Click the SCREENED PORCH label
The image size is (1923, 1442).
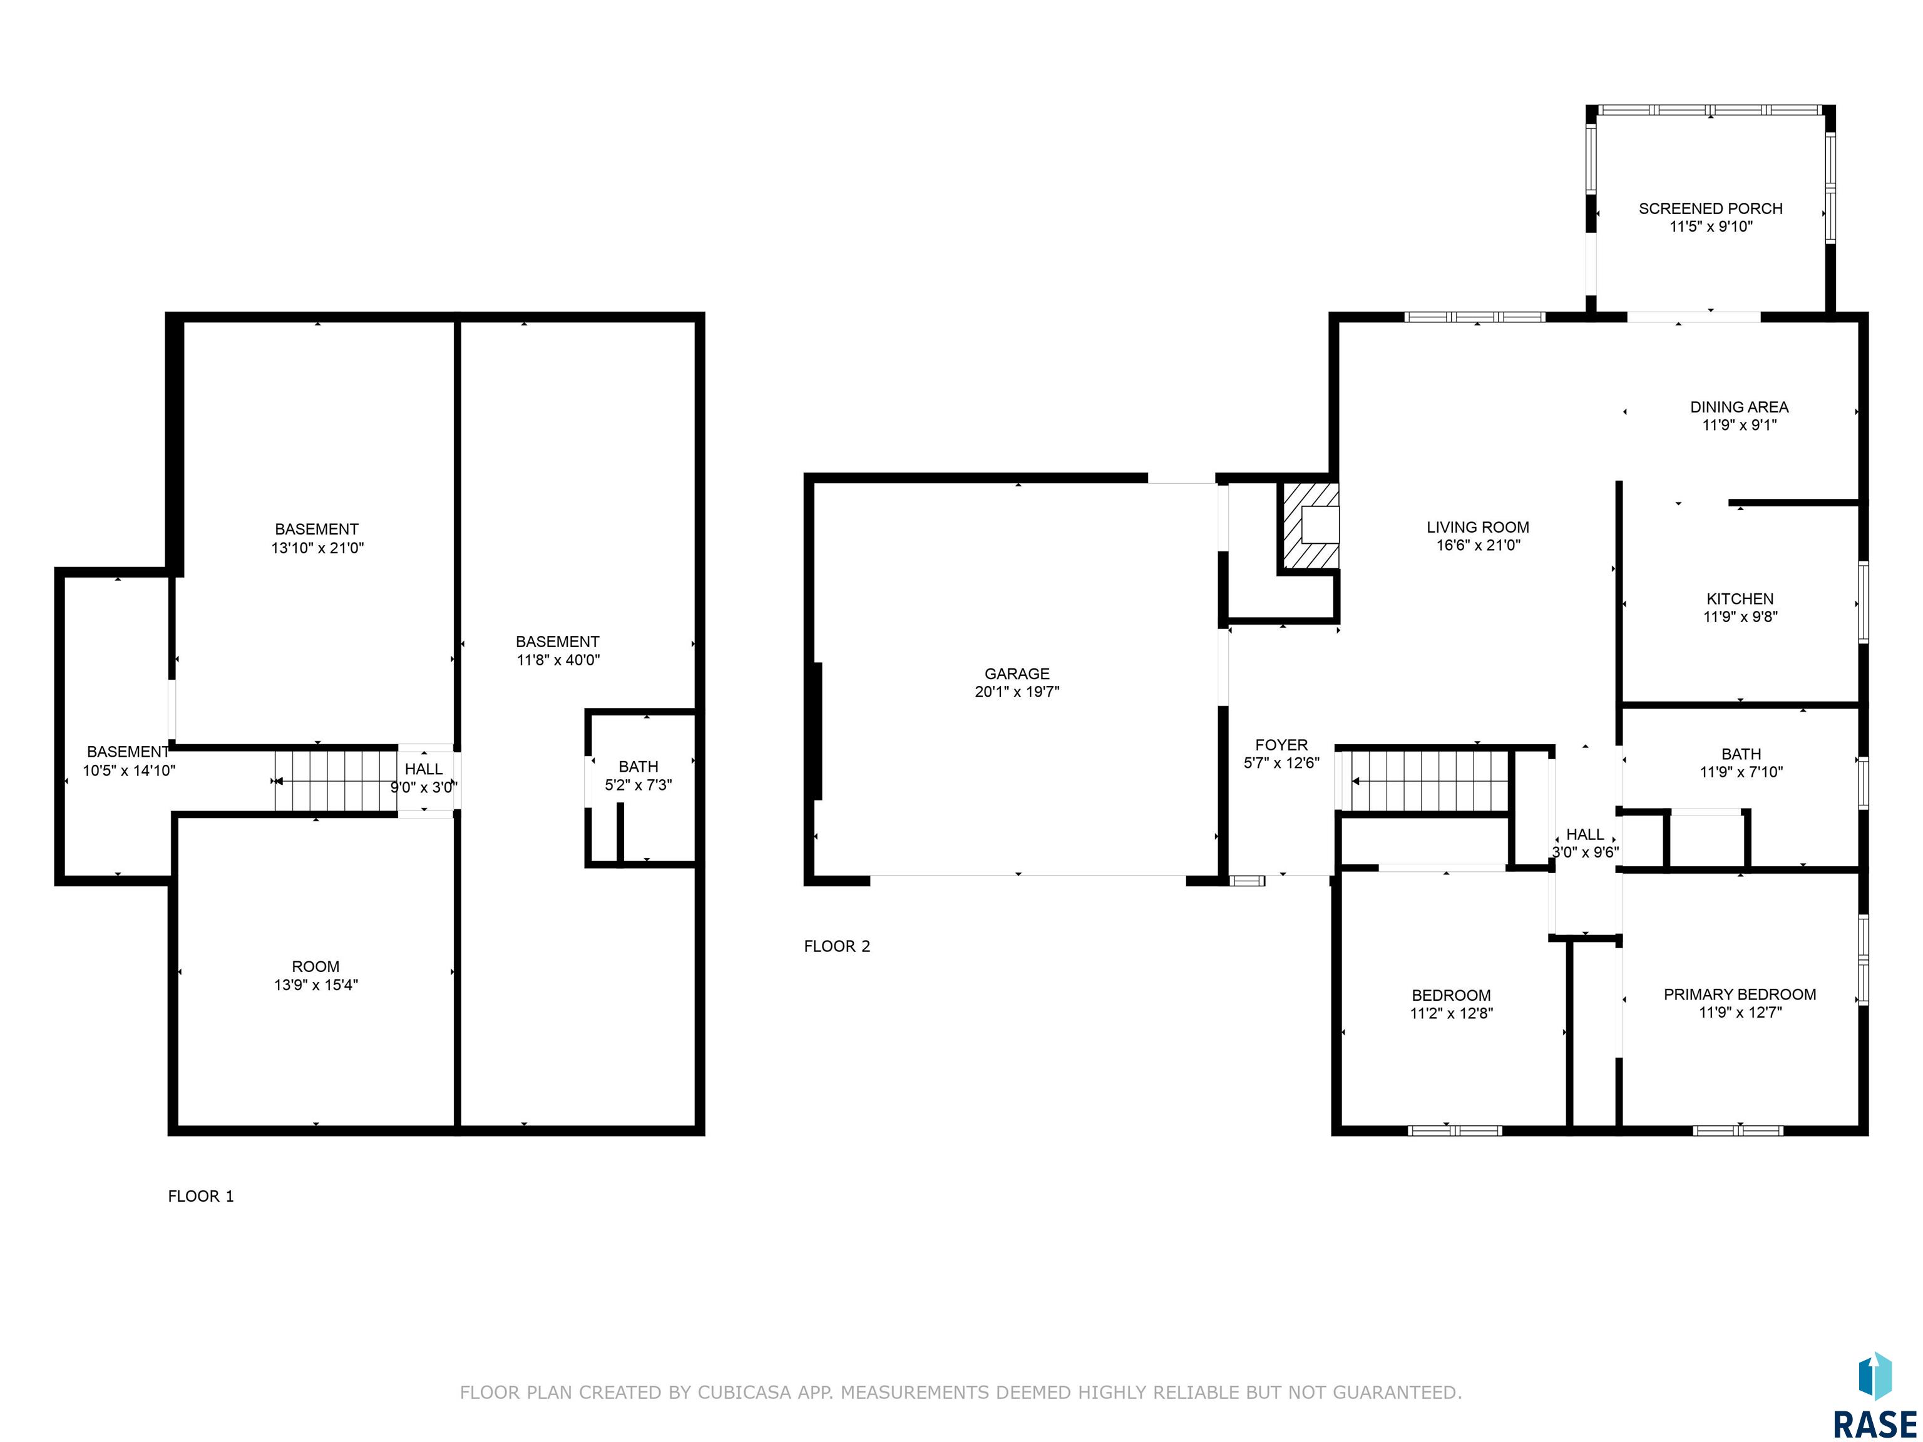click(x=1710, y=208)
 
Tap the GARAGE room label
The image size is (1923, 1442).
click(x=1017, y=673)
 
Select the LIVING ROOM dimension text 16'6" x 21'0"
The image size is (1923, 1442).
click(x=1478, y=546)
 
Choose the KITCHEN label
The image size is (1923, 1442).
click(x=1740, y=599)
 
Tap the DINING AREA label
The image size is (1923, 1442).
click(x=1739, y=407)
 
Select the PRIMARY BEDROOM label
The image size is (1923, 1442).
click(x=1740, y=995)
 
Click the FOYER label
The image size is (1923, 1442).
click(x=1281, y=745)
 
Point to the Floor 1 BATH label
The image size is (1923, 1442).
click(x=638, y=767)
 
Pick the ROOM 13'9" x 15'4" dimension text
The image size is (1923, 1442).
click(x=315, y=984)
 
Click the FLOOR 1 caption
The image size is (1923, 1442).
click(x=201, y=1196)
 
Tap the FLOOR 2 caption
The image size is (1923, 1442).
click(x=836, y=946)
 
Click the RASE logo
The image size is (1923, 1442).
click(x=1874, y=1399)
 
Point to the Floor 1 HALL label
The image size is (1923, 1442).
click(x=423, y=769)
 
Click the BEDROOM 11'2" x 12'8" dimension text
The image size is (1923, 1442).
click(x=1451, y=1013)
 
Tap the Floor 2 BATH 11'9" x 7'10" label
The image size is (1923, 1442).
click(x=1740, y=763)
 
